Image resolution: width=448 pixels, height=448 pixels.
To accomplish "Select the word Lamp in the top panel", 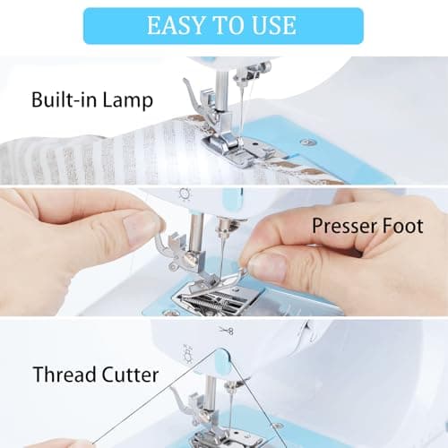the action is pos(127,101).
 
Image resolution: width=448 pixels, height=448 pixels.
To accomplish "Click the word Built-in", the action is pos(65,99).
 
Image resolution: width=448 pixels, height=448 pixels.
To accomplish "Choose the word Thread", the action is pos(65,375).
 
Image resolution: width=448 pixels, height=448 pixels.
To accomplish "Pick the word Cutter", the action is pos(130,375).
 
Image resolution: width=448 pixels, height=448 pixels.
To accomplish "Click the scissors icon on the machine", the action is pos(226,331).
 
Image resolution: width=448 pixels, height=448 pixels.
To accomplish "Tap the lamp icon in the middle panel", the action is pos(185,194).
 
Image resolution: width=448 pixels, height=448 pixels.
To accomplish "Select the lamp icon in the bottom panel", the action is pos(188,354).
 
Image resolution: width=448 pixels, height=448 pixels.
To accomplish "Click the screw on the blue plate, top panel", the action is pos(306,142).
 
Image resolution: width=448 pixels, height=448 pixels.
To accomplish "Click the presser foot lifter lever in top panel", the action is pos(191,96).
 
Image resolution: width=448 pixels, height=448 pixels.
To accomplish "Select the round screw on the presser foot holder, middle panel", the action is pos(188,256).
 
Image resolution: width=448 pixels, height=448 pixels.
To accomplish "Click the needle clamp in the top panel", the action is pos(249,73).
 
